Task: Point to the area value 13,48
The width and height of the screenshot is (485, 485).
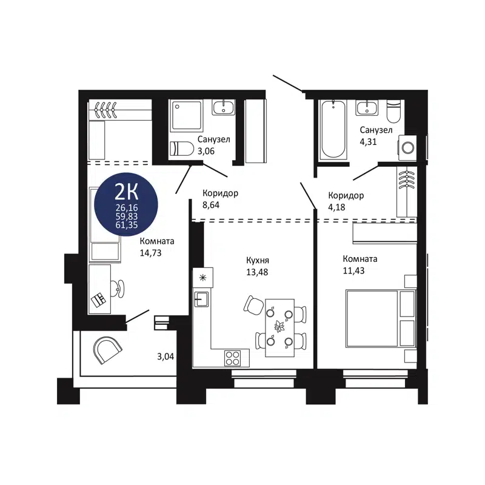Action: tap(256, 272)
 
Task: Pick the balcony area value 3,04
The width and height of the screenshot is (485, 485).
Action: tap(166, 356)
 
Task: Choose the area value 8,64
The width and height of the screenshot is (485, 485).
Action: tap(211, 205)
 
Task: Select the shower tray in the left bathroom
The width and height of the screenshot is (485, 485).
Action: tap(188, 115)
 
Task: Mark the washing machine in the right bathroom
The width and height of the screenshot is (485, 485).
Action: tap(408, 146)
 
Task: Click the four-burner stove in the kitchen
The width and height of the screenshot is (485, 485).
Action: tap(233, 357)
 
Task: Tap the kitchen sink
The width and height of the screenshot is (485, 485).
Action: tap(201, 298)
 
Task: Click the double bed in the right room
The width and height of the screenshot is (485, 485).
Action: tap(380, 319)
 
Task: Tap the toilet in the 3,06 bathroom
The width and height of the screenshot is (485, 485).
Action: tap(181, 148)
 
